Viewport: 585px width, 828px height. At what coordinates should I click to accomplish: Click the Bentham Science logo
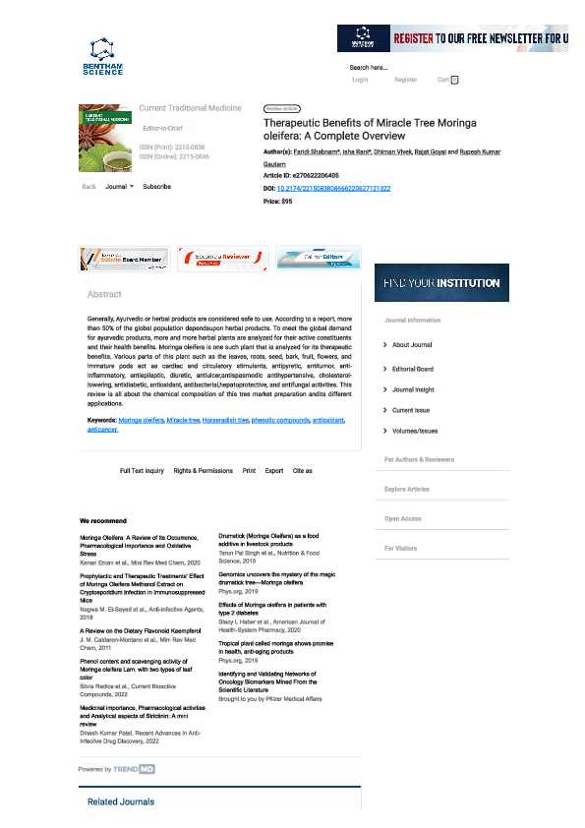[103, 56]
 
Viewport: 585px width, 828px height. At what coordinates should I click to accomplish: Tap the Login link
[360, 80]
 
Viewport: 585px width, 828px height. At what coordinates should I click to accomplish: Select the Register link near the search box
[405, 80]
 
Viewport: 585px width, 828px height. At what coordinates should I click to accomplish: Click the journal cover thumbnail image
[104, 139]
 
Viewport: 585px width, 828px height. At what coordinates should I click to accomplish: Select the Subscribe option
[156, 186]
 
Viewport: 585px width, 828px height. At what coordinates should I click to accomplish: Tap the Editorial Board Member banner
[123, 258]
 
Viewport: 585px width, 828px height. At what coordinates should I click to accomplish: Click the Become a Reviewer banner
[220, 258]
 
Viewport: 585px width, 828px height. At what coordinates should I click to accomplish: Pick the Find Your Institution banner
[441, 282]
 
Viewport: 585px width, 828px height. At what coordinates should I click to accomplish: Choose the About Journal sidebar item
[412, 345]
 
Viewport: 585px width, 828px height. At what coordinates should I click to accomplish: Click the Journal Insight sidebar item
[414, 389]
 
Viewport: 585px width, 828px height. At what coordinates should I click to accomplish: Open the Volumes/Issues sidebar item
[415, 431]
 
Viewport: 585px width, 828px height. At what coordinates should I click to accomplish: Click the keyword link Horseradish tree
[225, 420]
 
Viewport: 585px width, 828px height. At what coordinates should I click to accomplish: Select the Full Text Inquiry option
[142, 471]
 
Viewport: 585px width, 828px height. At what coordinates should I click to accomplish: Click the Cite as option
[302, 471]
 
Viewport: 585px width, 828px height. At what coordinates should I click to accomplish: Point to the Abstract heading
[104, 294]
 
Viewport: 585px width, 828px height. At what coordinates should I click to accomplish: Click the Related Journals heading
[121, 801]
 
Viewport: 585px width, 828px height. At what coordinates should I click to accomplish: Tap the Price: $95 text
[278, 201]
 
